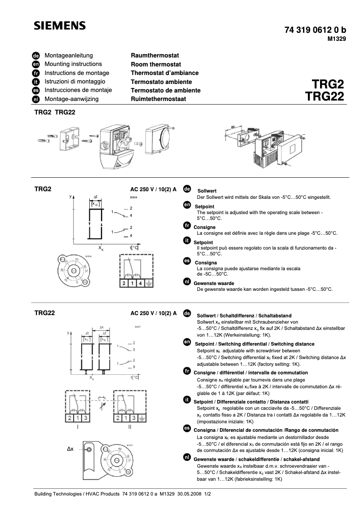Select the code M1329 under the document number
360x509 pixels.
tap(336, 39)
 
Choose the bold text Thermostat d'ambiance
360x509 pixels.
tap(164, 73)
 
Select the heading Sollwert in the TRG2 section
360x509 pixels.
tap(207, 191)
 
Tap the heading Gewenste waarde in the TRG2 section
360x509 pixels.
tap(213, 284)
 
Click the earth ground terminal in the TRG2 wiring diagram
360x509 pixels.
tap(149, 283)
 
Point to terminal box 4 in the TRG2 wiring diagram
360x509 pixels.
tap(140, 283)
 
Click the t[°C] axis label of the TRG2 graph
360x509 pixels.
tap(135, 247)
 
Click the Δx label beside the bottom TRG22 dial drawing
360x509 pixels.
tap(70, 448)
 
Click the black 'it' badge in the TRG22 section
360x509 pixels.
tap(187, 399)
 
